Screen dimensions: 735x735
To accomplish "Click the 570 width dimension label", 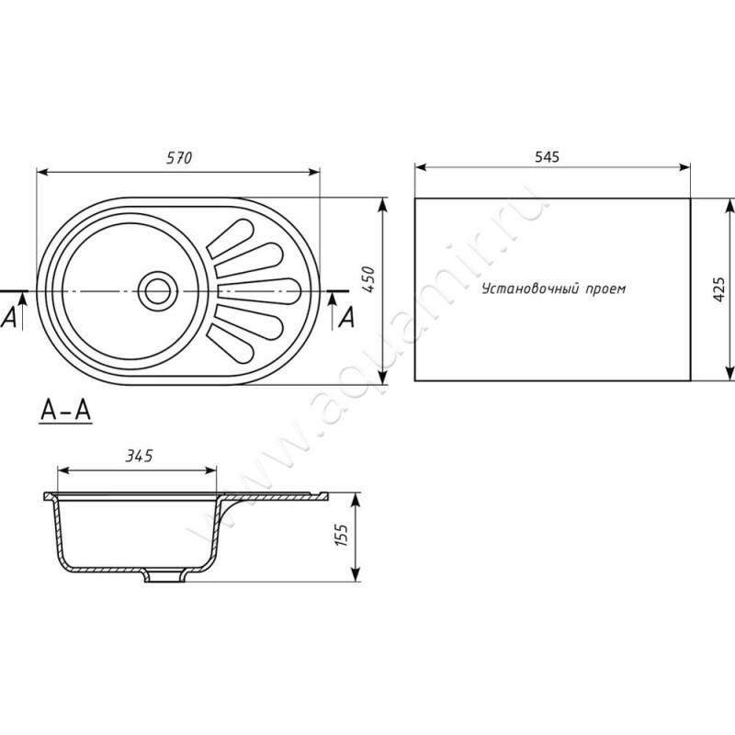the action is pyautogui.click(x=179, y=158).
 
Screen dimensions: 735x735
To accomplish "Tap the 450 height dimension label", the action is pyautogui.click(x=369, y=279).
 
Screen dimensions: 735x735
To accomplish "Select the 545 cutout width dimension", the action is pyautogui.click(x=547, y=156).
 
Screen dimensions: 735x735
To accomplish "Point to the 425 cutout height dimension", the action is pyautogui.click(x=718, y=289).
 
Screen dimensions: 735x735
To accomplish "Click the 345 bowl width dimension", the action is pyautogui.click(x=140, y=455).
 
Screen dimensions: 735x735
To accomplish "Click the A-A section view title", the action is pyautogui.click(x=65, y=411).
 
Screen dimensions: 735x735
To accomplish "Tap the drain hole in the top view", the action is pyautogui.click(x=158, y=291).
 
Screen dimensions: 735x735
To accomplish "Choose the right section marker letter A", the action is pyautogui.click(x=347, y=318).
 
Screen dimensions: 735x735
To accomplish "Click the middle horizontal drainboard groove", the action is pyautogui.click(x=259, y=291).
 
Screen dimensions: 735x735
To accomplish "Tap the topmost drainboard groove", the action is pyautogui.click(x=232, y=238).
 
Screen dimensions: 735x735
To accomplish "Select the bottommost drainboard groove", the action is pyautogui.click(x=232, y=345).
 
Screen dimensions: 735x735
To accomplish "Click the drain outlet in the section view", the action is pyautogui.click(x=164, y=576).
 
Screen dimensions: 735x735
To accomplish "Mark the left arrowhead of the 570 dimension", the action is pyautogui.click(x=42, y=173).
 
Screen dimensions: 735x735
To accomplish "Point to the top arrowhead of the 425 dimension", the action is pyautogui.click(x=729, y=206).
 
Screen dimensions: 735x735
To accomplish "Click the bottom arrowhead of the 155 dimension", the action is pyautogui.click(x=356, y=574).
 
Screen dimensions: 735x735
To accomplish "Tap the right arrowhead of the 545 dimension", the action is pyautogui.click(x=684, y=167).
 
